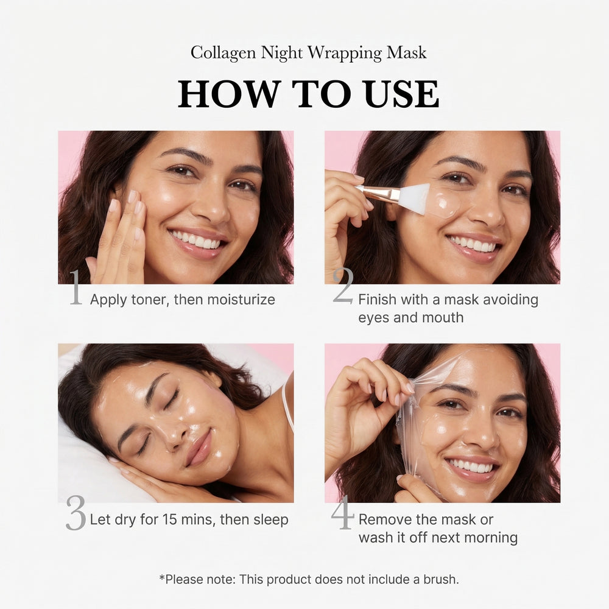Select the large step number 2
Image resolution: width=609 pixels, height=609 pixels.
pyautogui.click(x=343, y=286)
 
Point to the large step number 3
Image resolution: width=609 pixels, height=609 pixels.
pyautogui.click(x=76, y=513)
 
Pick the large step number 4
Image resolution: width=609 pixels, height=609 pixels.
pyautogui.click(x=342, y=513)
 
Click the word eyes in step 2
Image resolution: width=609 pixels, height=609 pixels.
pyautogui.click(x=373, y=317)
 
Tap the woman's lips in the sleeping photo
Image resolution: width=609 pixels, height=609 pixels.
pyautogui.click(x=200, y=448)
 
